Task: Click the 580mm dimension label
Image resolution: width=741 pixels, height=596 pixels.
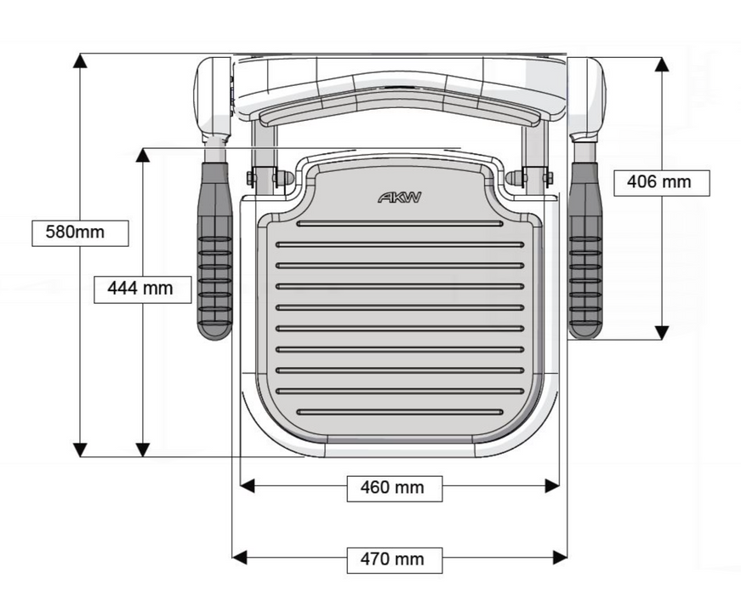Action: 80,232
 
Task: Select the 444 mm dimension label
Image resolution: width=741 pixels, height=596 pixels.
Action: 140,289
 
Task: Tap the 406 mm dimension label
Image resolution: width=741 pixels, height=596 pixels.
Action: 660,181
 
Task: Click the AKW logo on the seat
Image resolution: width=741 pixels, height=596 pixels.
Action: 399,198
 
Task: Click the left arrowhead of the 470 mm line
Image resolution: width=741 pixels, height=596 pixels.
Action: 240,558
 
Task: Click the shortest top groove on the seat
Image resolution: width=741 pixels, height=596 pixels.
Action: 400,224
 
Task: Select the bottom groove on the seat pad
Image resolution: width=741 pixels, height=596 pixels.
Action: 400,412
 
